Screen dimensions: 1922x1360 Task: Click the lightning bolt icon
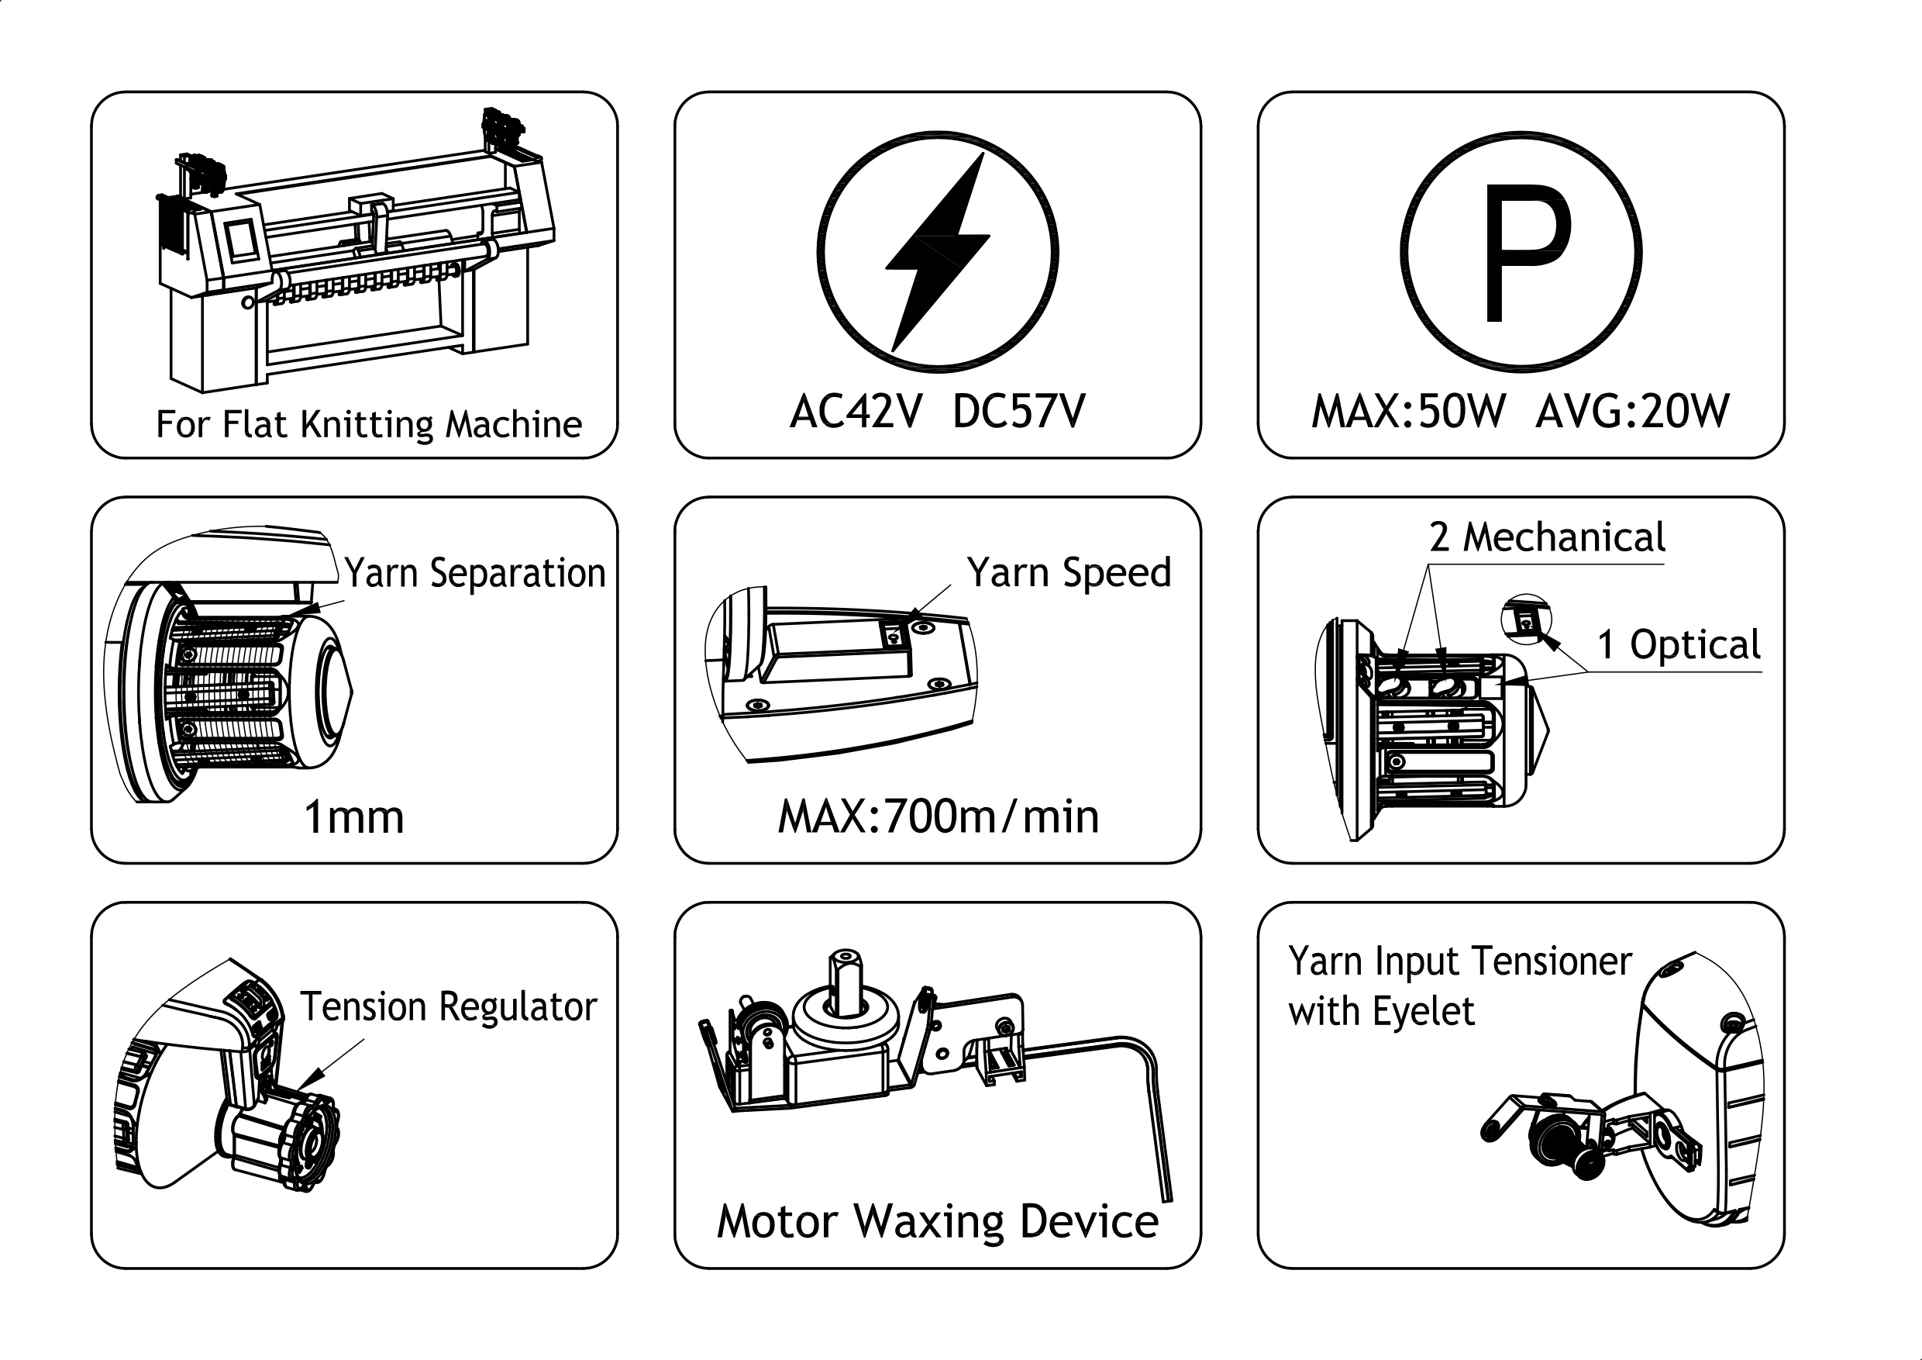(x=938, y=251)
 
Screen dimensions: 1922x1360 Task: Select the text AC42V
(x=856, y=411)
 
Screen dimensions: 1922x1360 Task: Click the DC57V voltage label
(x=1019, y=411)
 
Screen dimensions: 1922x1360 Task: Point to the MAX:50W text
(x=1408, y=411)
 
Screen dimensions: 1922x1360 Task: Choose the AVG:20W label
(x=1632, y=411)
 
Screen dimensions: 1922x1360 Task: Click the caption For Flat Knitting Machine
(x=368, y=425)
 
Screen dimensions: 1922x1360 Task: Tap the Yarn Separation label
(x=474, y=574)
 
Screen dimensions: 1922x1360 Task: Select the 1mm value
(x=354, y=817)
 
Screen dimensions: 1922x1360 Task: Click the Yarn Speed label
(x=1069, y=573)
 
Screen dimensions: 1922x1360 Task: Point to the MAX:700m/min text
(x=939, y=816)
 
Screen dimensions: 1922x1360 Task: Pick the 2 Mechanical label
(x=1547, y=537)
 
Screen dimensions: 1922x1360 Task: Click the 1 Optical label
(x=1679, y=645)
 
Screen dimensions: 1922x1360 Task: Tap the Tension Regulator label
(x=449, y=1006)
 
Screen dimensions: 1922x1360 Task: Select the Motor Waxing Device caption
(x=938, y=1222)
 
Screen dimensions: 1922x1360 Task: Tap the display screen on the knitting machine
(x=242, y=238)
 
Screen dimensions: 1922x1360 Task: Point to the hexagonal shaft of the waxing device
(x=846, y=982)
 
